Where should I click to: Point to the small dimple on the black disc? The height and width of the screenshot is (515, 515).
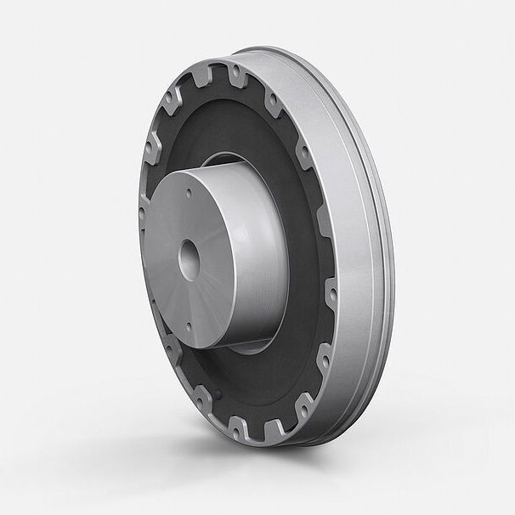[x=217, y=396]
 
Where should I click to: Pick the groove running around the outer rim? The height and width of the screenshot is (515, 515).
[x=371, y=255]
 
